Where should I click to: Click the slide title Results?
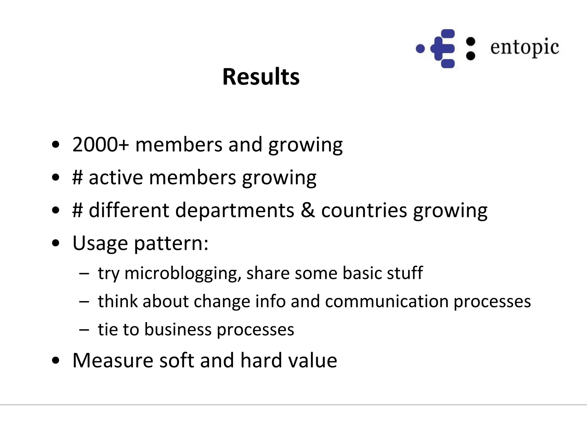261,77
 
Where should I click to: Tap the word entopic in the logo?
525,48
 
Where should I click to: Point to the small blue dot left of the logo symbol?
420,49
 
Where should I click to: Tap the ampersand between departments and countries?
308,210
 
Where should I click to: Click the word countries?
364,210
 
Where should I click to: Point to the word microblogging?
183,273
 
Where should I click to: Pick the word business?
177,329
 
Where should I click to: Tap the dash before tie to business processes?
84,330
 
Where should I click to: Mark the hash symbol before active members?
77,178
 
